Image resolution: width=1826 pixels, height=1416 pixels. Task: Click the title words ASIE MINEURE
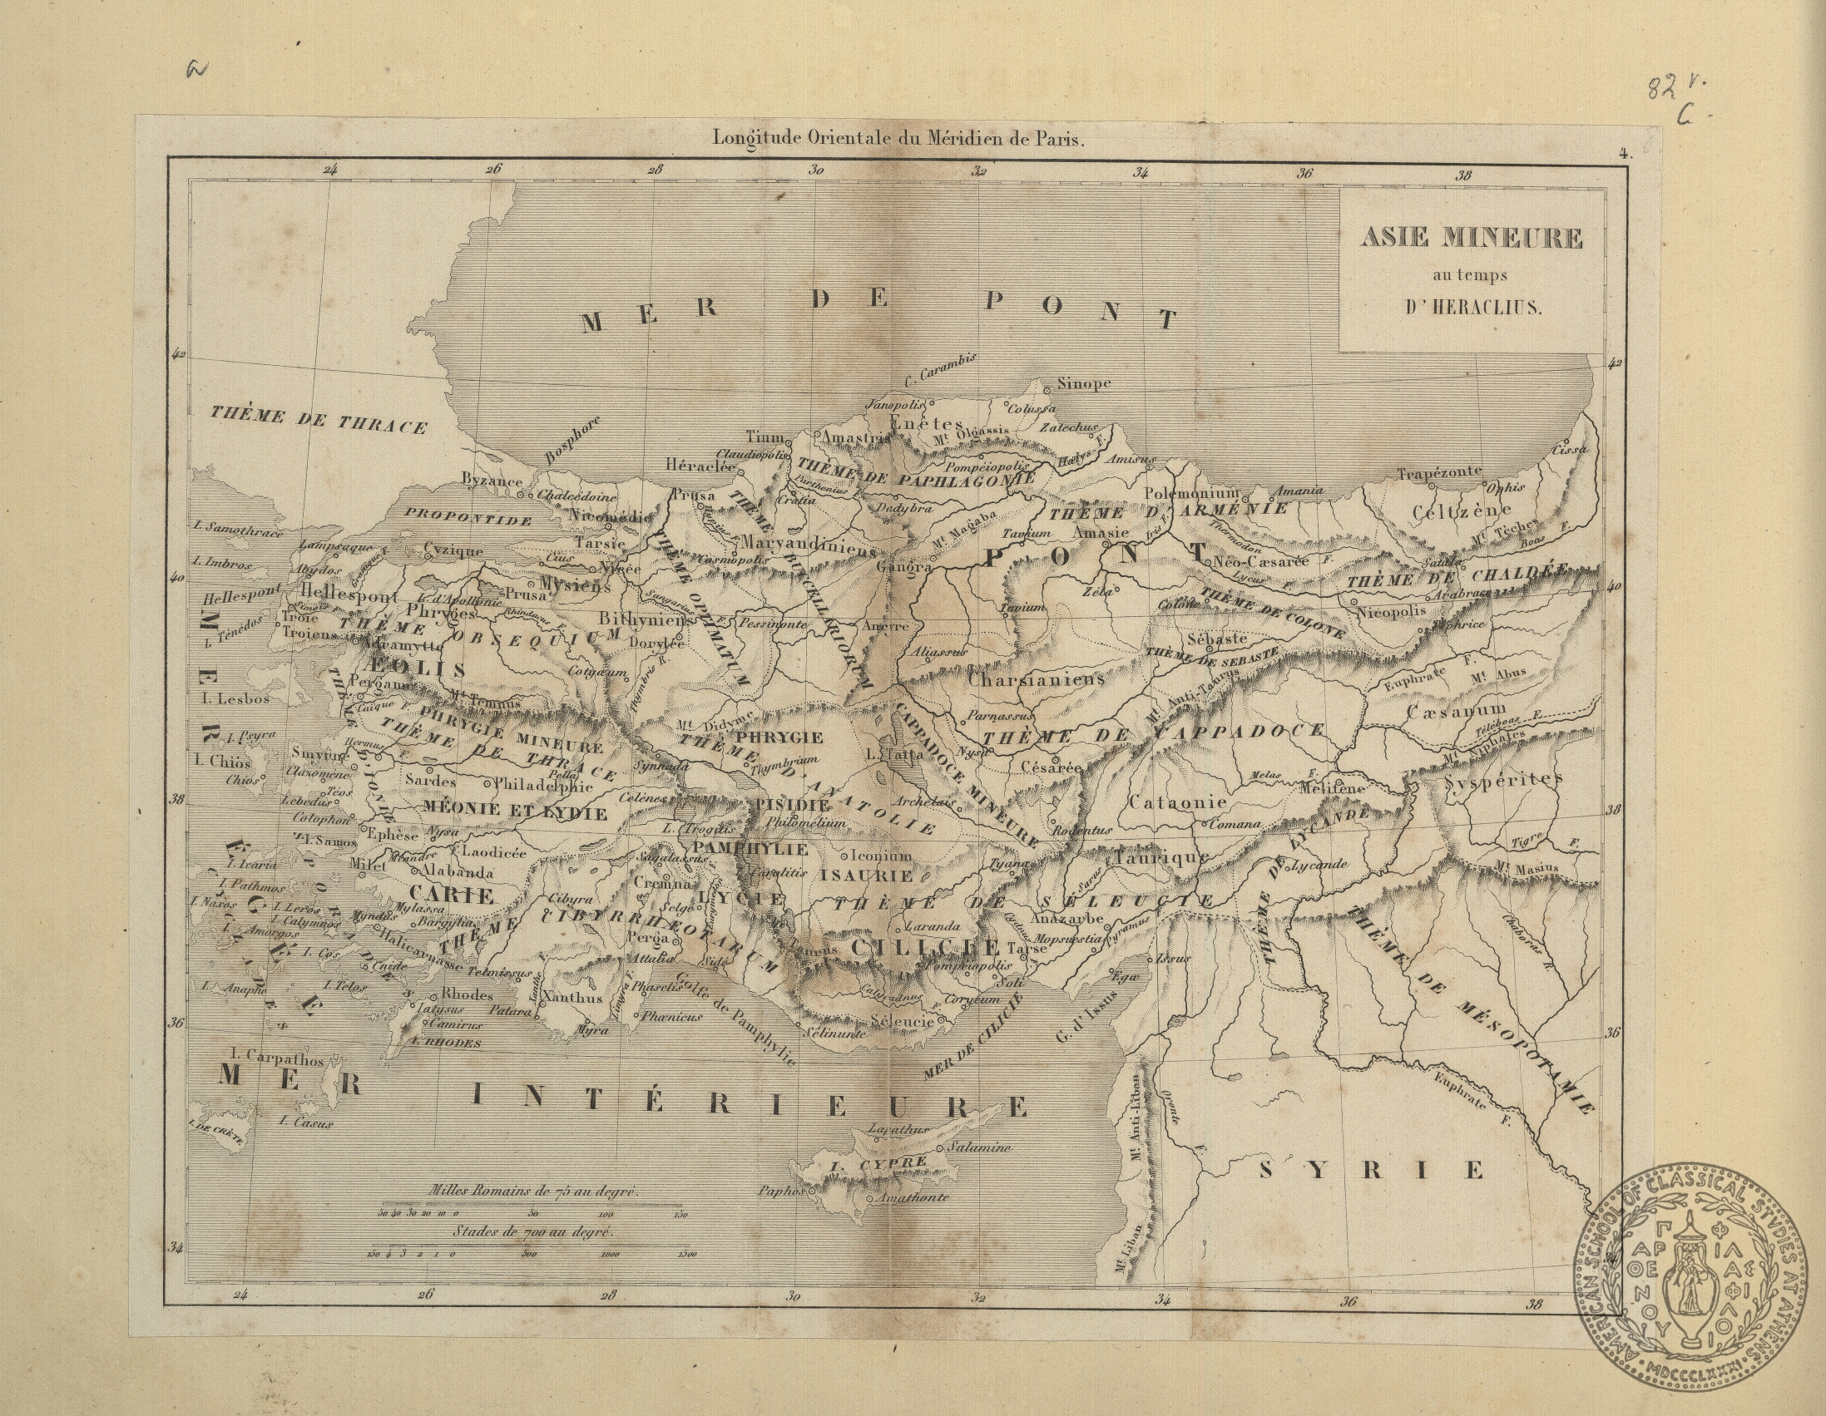tap(1471, 239)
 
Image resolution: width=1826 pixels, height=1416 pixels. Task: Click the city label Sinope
tap(1084, 383)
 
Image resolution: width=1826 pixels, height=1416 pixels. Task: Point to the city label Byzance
tap(492, 481)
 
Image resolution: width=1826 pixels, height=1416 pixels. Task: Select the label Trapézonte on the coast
tap(1439, 473)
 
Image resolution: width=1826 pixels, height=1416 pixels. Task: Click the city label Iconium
tap(881, 856)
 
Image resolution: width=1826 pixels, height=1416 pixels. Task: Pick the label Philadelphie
tap(543, 786)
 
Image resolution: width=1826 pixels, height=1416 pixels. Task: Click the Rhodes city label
tap(467, 994)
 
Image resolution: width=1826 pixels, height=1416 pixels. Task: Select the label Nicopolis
tap(1391, 612)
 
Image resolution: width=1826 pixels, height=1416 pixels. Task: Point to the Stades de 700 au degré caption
tap(533, 1231)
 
